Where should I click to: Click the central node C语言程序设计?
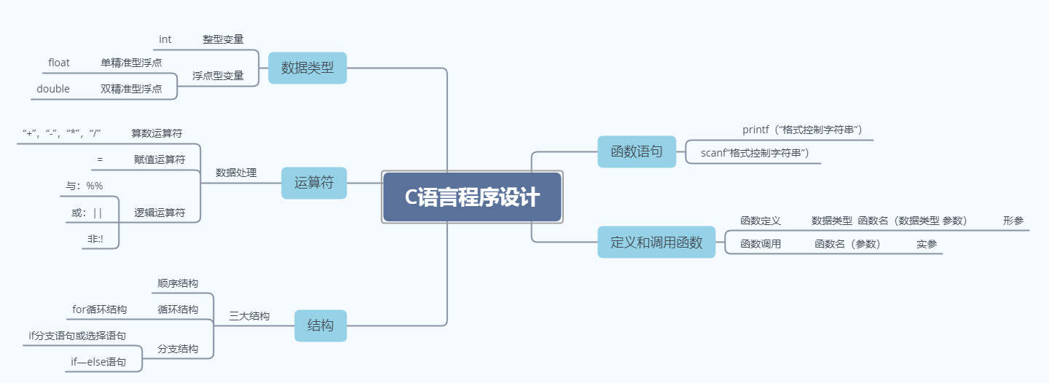[x=472, y=197]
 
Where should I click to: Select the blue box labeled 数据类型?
[x=307, y=68]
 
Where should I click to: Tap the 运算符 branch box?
[x=314, y=183]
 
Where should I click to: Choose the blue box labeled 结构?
[x=321, y=325]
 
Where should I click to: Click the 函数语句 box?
[x=637, y=151]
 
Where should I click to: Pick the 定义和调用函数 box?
[x=656, y=242]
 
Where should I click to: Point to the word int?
[x=165, y=39]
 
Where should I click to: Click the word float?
[x=59, y=63]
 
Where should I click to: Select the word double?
[x=53, y=89]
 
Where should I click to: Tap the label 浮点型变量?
[x=218, y=76]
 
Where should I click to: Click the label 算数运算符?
[x=157, y=133]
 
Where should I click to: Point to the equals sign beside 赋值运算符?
[x=100, y=159]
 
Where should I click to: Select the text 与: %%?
[x=85, y=186]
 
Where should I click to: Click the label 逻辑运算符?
[x=160, y=213]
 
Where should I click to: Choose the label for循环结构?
[x=99, y=309]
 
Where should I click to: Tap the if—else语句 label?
[x=98, y=362]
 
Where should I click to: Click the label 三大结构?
[x=249, y=316]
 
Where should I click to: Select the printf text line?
[x=802, y=130]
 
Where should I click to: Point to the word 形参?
[x=1013, y=221]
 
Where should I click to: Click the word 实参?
[x=927, y=244]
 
